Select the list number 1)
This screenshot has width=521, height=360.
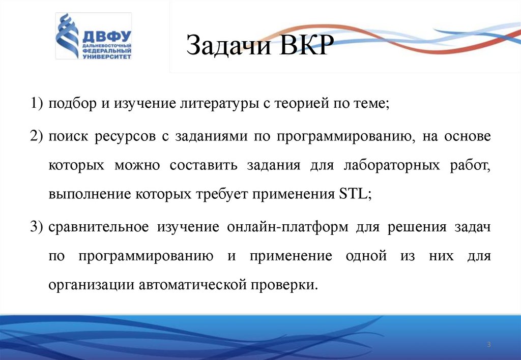tap(37, 104)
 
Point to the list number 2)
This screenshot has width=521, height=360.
tap(37, 137)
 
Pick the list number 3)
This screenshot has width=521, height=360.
tap(37, 227)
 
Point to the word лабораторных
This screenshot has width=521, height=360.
tap(387, 166)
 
